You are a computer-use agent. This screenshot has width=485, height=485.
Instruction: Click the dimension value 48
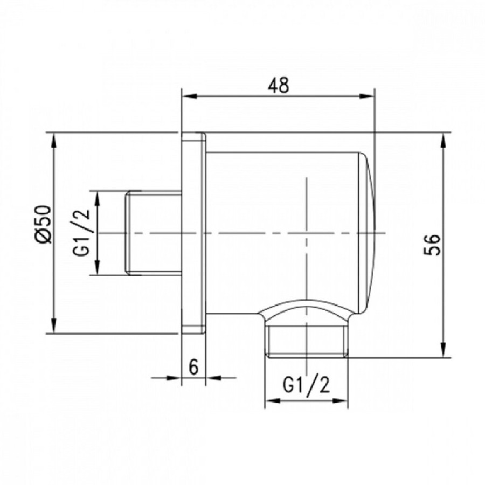tap(279, 85)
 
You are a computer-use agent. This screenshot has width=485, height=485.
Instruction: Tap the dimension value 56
tap(432, 245)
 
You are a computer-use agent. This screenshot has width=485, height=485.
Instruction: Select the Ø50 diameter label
tap(43, 224)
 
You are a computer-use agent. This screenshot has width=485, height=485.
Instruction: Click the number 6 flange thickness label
tap(193, 367)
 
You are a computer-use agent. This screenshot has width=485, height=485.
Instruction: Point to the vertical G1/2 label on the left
tap(82, 232)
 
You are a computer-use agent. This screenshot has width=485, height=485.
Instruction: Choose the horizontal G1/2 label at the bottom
tap(307, 386)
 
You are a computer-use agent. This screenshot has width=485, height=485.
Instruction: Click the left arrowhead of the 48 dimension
tap(189, 96)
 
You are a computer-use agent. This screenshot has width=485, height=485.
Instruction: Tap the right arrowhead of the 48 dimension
tap(366, 96)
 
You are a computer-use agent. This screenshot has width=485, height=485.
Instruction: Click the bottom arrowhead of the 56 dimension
tap(444, 350)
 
